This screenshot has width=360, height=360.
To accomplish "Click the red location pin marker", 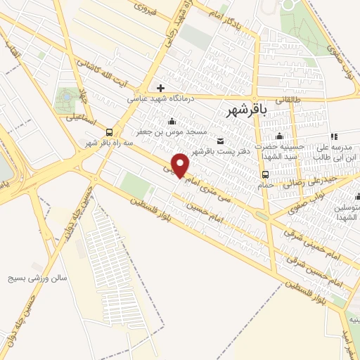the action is [181, 165].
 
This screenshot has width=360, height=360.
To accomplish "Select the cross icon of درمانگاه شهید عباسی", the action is [161, 88].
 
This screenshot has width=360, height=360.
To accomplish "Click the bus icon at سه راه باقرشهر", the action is [109, 131].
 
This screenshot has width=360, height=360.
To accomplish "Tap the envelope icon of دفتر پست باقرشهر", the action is [221, 141].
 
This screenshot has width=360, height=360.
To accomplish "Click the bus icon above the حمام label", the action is [265, 175].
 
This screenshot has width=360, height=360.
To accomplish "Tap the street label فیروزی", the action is [149, 10].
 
